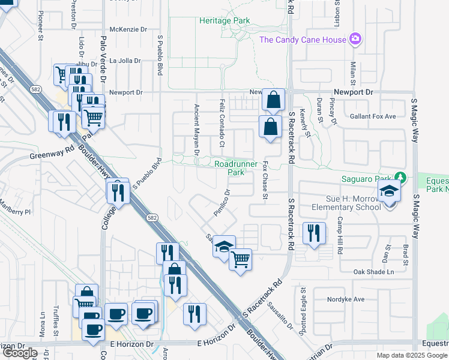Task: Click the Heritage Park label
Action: pos(224,20)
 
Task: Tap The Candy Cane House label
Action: pos(303,40)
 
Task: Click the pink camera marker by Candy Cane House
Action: pos(356,40)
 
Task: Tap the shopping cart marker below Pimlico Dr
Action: pos(240,260)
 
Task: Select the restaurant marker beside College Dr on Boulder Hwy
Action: pos(118,191)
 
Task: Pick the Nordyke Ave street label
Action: pos(346,299)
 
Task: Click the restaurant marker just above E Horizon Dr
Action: pos(194,314)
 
